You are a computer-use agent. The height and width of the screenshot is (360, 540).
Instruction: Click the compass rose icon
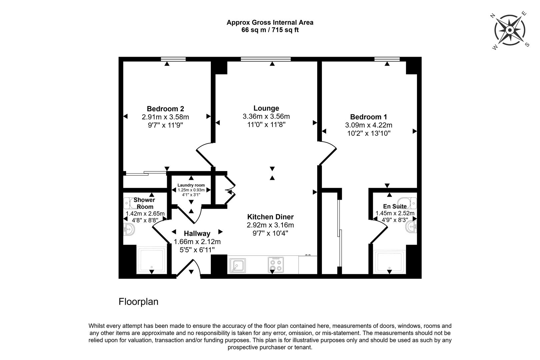pos(509,30)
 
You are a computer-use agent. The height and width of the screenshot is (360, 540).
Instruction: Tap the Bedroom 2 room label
pos(165,109)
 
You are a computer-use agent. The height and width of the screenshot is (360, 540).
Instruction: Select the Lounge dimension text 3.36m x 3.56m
pos(266,116)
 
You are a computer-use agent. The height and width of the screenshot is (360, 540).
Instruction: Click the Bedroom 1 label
pos(368,117)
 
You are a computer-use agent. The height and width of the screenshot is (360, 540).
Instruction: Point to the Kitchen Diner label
pos(270,217)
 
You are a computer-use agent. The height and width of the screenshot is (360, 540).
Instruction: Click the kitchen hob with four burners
pos(276,265)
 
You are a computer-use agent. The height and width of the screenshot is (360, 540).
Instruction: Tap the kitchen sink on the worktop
pos(238,265)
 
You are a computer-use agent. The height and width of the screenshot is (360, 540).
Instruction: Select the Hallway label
pos(197,233)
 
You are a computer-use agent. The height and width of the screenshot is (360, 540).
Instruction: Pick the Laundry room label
pos(191,185)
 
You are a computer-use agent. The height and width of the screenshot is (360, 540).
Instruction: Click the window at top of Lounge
pos(266,59)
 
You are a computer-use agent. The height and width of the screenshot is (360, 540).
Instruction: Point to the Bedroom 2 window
pos(173,59)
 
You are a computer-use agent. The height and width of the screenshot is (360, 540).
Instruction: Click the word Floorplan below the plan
pos(138,302)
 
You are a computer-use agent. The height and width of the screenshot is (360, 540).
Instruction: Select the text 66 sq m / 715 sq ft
pos(270,30)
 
